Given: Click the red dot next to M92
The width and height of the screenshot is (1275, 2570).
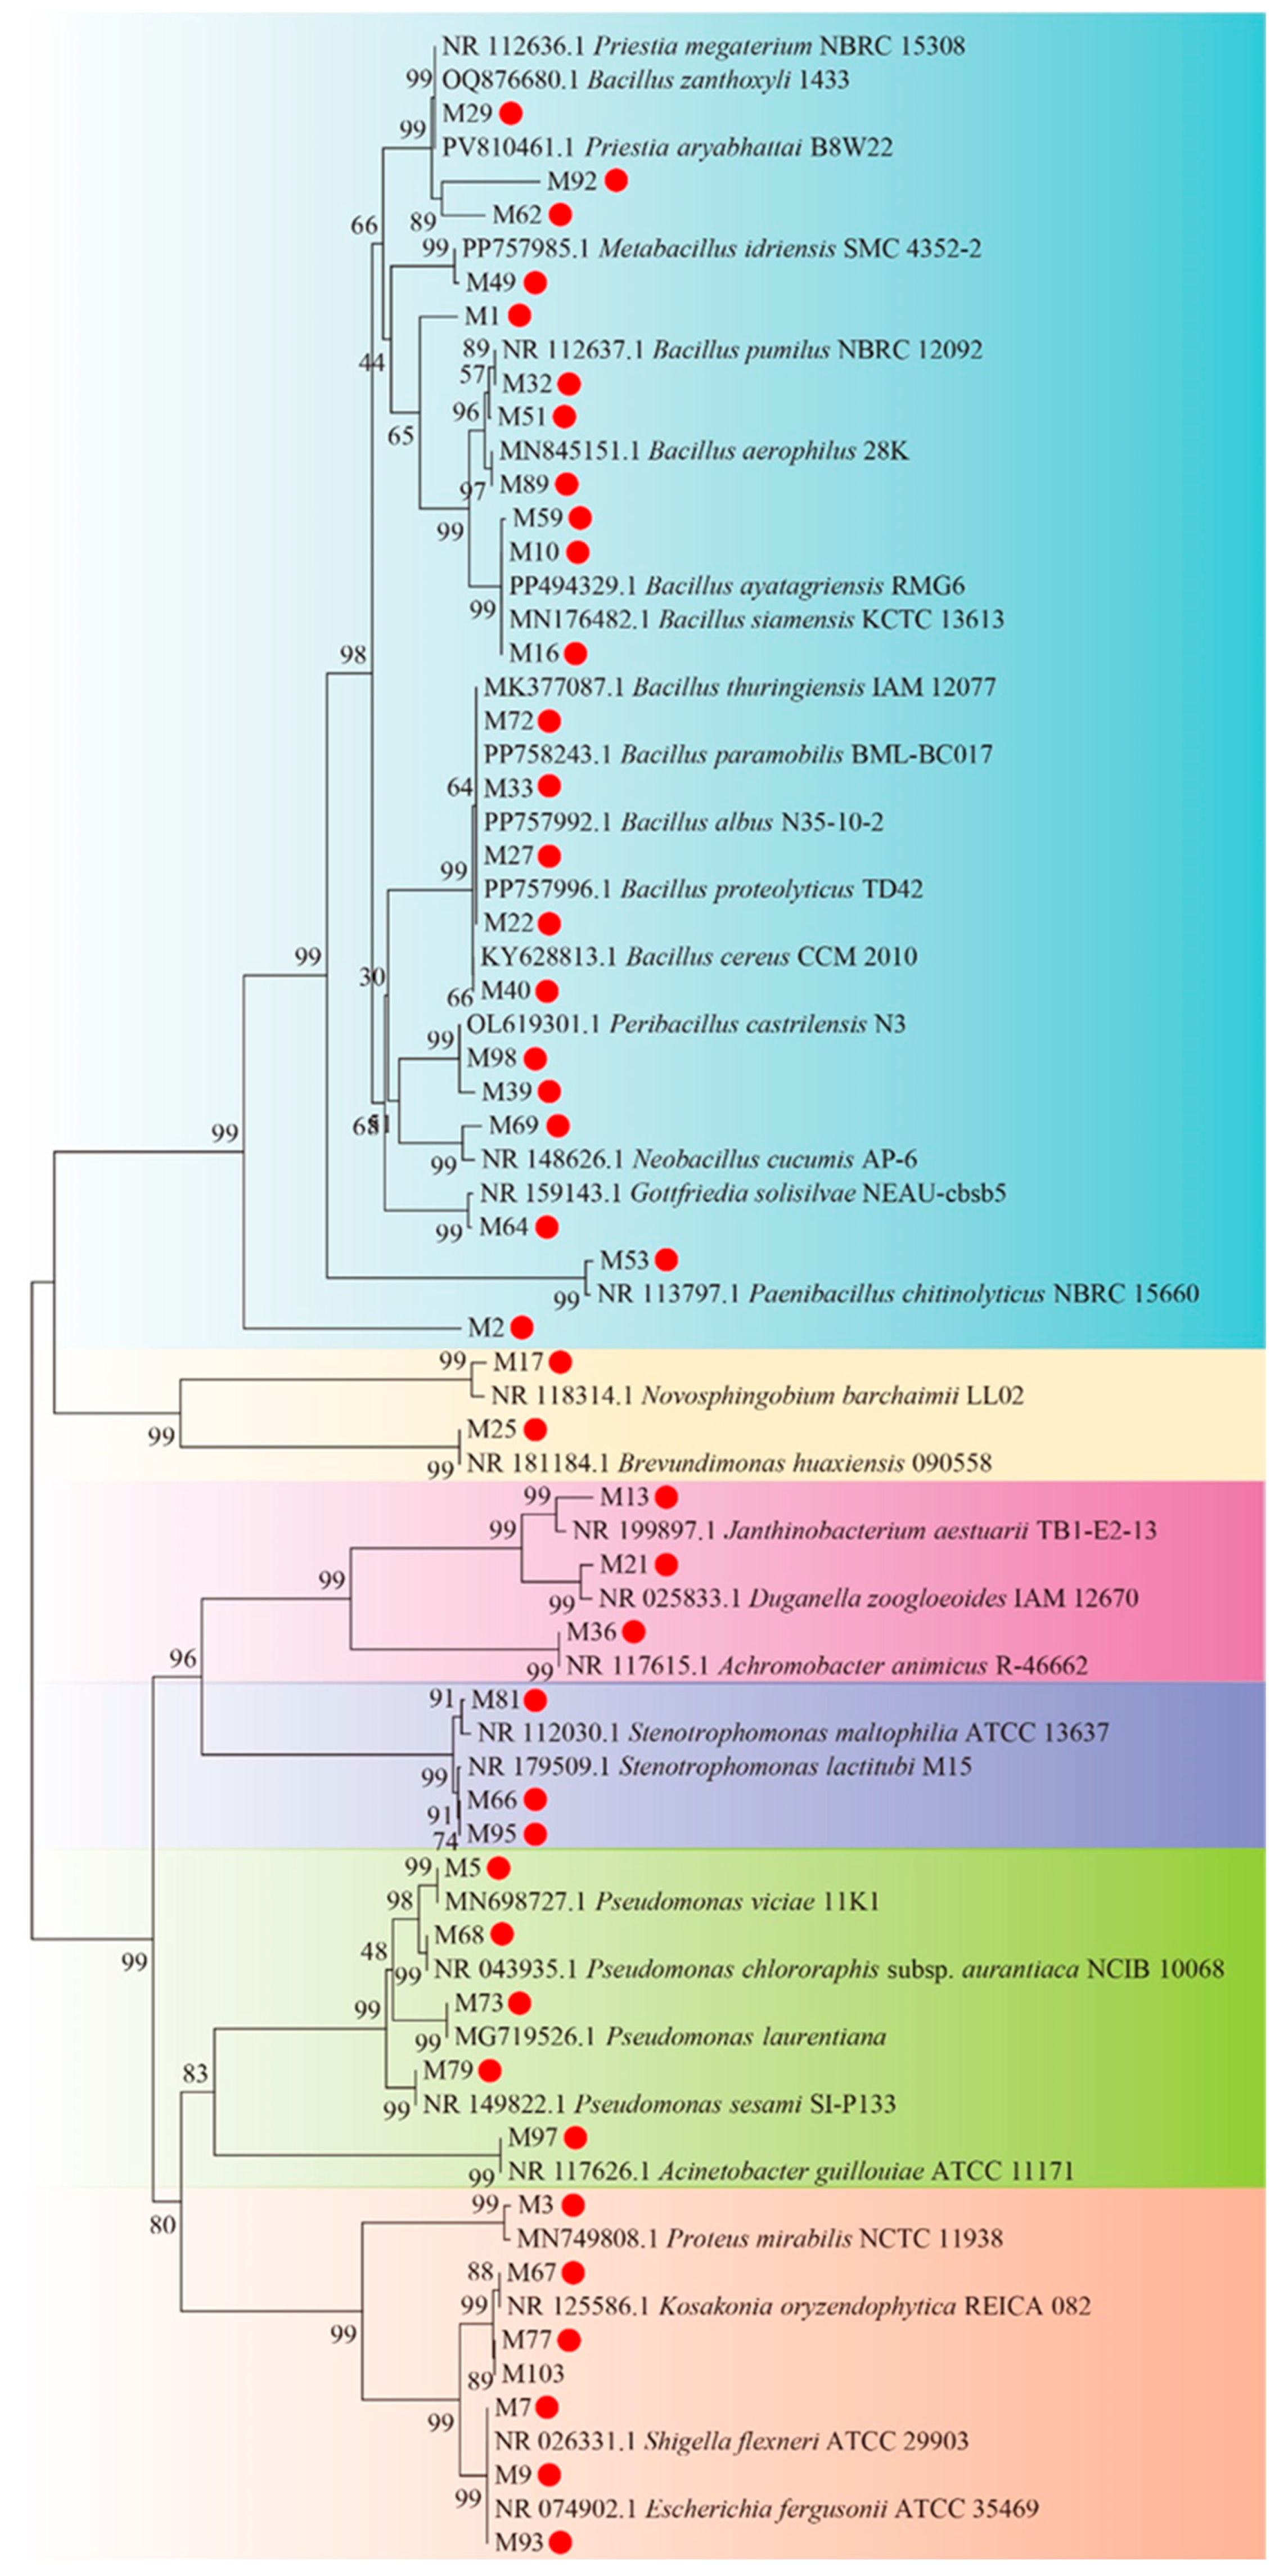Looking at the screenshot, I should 615,181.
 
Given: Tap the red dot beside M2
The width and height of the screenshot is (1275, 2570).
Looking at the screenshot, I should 521,1327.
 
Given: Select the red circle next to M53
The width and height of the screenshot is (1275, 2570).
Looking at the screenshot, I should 665,1260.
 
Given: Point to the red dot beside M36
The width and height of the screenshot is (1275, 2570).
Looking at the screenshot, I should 633,1631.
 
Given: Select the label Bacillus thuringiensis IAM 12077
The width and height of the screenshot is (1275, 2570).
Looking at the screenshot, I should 739,686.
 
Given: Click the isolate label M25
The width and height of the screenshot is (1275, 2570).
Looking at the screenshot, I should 492,1429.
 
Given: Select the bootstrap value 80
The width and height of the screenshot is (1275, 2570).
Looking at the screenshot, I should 161,2225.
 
